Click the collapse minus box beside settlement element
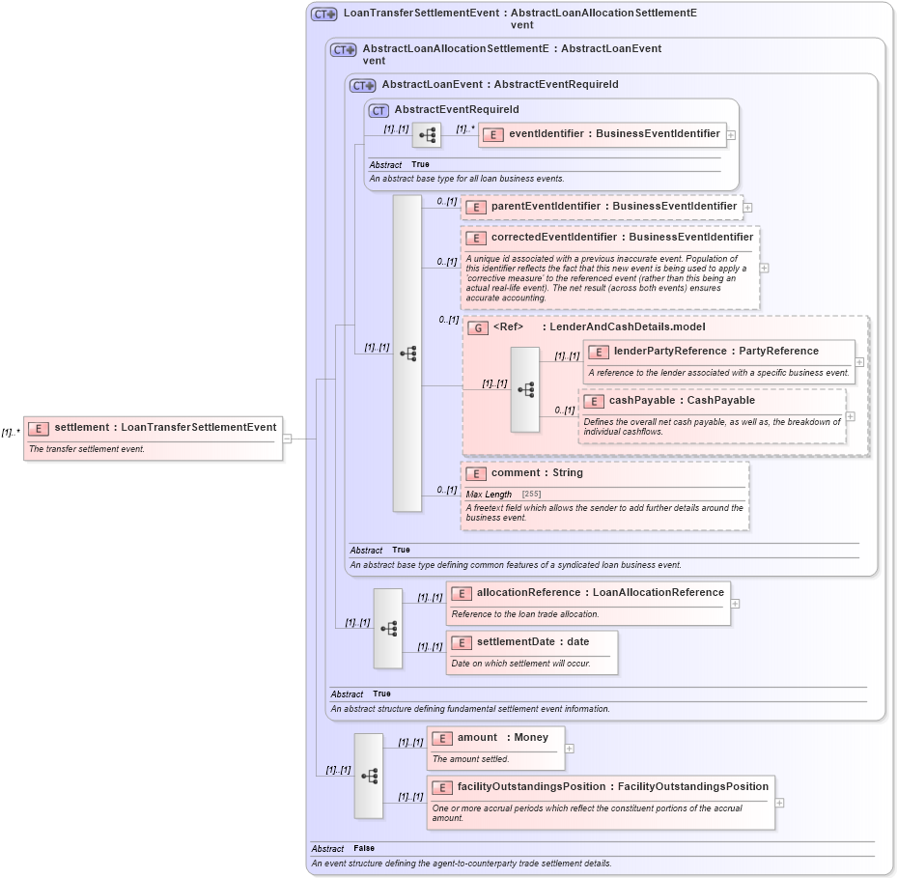(x=287, y=439)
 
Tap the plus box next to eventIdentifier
(x=731, y=135)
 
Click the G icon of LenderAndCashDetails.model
(x=477, y=327)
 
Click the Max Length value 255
(x=531, y=495)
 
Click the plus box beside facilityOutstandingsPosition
(x=779, y=803)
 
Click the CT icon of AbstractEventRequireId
(x=378, y=111)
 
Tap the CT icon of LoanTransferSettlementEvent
(x=323, y=14)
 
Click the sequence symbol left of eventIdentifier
(x=427, y=135)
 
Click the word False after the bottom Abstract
(x=363, y=848)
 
